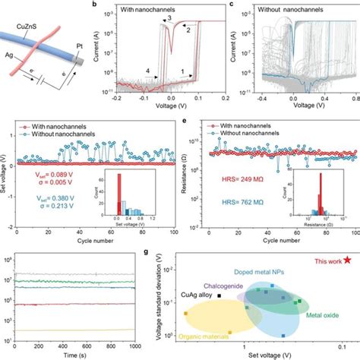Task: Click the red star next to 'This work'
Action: coord(347,261)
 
